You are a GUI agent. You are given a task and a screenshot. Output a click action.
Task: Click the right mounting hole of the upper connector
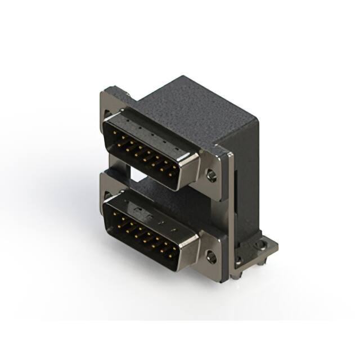[211, 176]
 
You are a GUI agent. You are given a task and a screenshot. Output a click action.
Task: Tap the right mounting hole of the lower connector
[211, 258]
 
